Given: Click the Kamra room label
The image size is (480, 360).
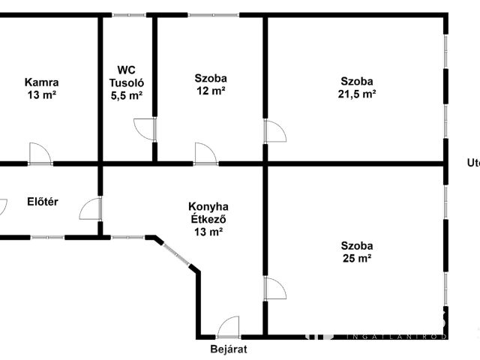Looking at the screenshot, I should (41, 82).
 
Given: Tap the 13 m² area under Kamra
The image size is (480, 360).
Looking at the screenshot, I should (41, 95).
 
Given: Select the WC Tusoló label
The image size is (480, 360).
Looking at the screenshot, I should (126, 76).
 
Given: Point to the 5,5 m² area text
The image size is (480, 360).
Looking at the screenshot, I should (126, 95).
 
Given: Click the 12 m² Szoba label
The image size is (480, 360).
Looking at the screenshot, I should (210, 78).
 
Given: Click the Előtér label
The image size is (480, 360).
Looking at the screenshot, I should (43, 201).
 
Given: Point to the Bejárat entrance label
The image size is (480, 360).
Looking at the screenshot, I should (229, 349).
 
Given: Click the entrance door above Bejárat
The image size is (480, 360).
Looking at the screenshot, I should (227, 328).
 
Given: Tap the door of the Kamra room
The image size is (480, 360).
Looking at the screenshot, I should (40, 154).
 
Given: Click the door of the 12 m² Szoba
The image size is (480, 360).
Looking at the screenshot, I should (205, 154).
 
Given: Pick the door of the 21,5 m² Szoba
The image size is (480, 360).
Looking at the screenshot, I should (274, 132).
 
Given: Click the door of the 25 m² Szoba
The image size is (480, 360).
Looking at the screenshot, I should (274, 289).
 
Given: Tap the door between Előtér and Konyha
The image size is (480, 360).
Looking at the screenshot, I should (90, 208).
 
